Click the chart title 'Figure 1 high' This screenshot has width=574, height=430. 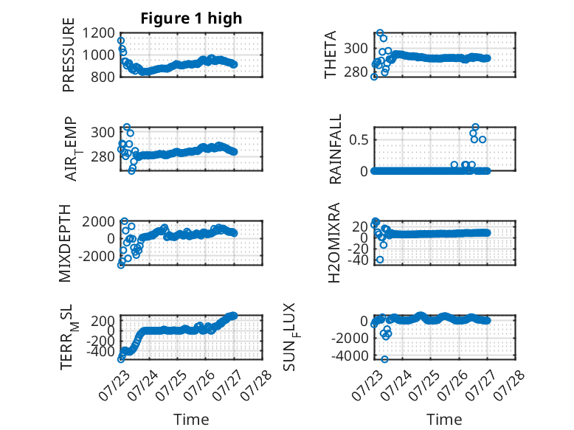(x=191, y=18)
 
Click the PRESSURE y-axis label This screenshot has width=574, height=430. (x=69, y=55)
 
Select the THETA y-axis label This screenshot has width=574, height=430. (x=331, y=55)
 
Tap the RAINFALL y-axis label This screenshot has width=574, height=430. (x=335, y=149)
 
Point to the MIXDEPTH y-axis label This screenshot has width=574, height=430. (x=64, y=243)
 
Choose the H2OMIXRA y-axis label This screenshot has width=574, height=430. (x=334, y=243)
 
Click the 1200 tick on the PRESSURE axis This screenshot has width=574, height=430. (x=98, y=33)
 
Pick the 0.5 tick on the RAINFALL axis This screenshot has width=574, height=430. (x=358, y=140)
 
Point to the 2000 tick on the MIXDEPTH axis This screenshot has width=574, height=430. (x=98, y=221)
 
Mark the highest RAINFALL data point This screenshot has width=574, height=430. (x=475, y=127)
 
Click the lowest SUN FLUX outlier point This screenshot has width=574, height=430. (x=384, y=359)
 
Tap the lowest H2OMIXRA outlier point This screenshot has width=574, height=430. (x=380, y=260)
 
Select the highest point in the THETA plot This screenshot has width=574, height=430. (x=380, y=33)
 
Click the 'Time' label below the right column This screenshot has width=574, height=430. (x=444, y=420)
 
